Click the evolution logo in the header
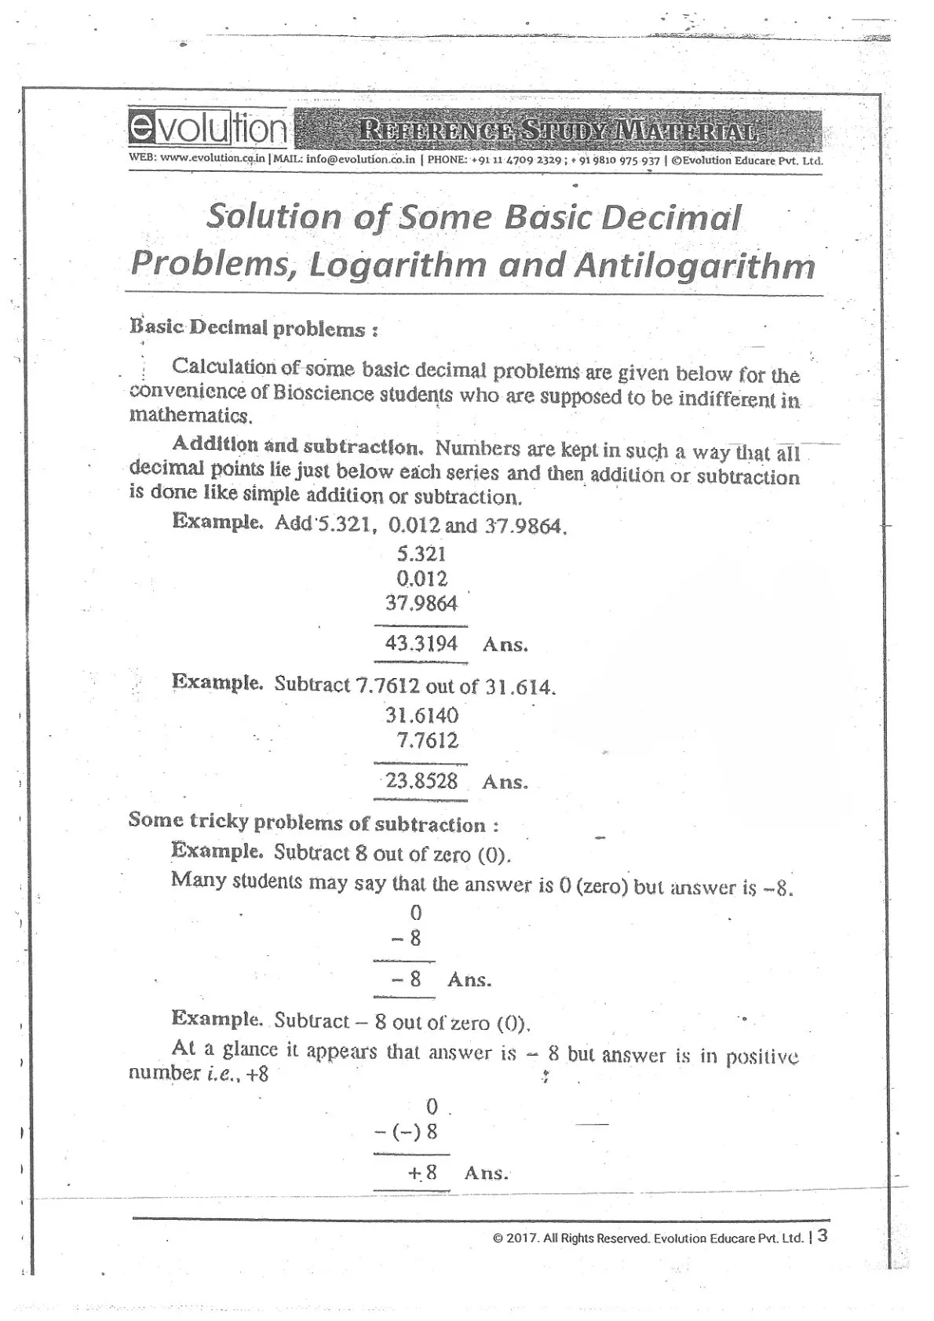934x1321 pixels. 208,129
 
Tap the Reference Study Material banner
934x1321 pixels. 557,130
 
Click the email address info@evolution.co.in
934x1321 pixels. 360,159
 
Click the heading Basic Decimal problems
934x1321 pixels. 254,328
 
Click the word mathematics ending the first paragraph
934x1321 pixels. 191,415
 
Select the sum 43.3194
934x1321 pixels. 421,644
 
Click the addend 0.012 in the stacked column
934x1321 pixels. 422,579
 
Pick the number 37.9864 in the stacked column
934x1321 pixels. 421,604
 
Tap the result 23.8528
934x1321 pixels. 421,782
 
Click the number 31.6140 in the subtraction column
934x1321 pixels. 421,716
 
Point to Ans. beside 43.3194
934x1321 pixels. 505,645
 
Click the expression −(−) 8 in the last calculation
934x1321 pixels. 407,1132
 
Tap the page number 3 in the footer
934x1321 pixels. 822,1235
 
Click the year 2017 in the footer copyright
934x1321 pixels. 520,1239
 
